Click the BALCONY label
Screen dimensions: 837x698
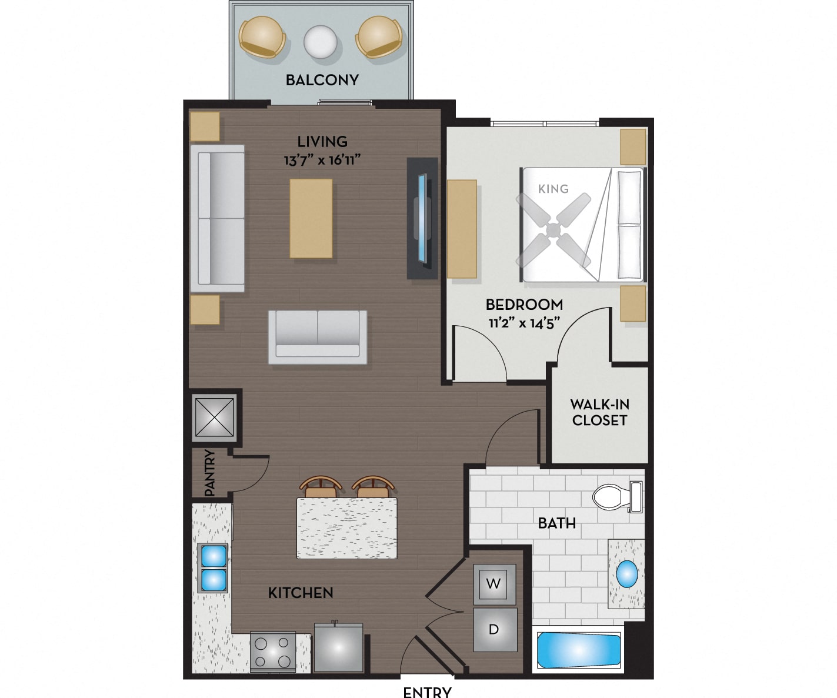(322, 80)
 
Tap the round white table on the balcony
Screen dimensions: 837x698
(321, 42)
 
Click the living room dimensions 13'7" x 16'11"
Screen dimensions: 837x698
(322, 161)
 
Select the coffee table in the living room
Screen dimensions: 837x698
(311, 218)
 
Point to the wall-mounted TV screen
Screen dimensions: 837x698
(422, 218)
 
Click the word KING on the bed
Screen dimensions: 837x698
(553, 189)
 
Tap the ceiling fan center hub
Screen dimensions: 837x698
(553, 230)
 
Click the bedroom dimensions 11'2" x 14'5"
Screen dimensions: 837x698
(524, 323)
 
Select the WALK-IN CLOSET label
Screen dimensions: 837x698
(600, 412)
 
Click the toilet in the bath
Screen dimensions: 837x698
(618, 497)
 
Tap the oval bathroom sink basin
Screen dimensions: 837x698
(626, 574)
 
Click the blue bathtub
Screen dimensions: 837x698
(578, 650)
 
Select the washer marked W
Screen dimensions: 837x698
(494, 584)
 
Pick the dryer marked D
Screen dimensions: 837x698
(495, 629)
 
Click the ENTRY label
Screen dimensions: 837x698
(427, 692)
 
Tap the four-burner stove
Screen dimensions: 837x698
(272, 652)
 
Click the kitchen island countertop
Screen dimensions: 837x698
(347, 528)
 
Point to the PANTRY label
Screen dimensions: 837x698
(209, 473)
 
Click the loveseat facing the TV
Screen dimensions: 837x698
(318, 337)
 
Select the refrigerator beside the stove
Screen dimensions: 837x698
(339, 647)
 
